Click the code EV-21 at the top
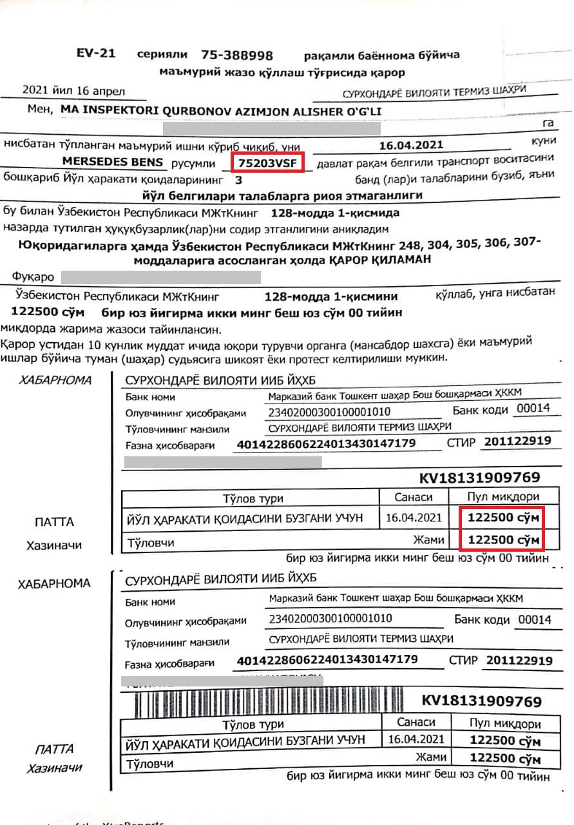[x=95, y=53]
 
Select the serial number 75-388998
[x=236, y=55]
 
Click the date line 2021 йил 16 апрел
[x=73, y=91]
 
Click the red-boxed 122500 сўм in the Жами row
[x=503, y=539]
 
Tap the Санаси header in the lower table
[x=416, y=722]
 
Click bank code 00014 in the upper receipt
[x=533, y=408]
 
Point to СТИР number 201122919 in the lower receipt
[x=519, y=661]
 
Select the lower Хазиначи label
[x=54, y=769]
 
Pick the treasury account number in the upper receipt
[x=327, y=443]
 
